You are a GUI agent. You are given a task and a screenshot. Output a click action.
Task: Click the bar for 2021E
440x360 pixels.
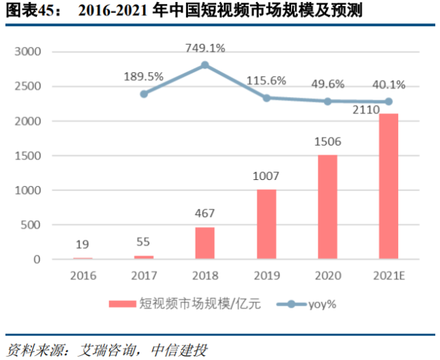point(388,186)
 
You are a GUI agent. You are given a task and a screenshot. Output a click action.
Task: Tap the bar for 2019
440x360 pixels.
point(266,224)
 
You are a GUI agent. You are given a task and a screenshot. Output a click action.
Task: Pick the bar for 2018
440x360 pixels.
point(205,243)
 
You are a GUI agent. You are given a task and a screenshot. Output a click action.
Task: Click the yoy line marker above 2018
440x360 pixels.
point(205,65)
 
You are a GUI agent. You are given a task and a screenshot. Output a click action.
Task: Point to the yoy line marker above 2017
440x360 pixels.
point(143,93)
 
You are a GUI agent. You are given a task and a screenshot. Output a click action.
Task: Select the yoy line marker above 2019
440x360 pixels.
point(266,98)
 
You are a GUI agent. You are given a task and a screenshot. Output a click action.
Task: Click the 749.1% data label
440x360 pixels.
point(205,49)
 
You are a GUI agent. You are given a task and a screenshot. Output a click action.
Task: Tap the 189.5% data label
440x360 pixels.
point(144,76)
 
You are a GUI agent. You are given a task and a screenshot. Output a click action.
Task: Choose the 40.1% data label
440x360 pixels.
point(388,85)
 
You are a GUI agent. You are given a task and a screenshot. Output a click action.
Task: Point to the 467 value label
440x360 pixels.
point(205,214)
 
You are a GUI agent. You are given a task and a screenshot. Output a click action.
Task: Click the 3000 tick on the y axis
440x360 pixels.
point(28,52)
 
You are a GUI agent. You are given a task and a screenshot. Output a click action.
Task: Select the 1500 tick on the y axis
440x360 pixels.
point(28,156)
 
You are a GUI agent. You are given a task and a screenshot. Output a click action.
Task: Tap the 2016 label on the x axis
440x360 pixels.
point(82,275)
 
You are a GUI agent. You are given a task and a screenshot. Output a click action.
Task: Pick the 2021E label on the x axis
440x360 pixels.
point(388,275)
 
